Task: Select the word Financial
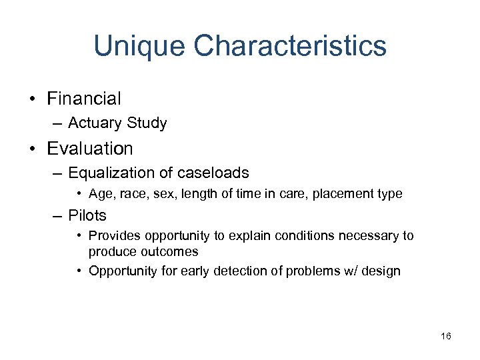click(84, 99)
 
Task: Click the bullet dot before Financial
click(32, 99)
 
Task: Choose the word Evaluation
click(90, 148)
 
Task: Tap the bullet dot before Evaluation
click(32, 149)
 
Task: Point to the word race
click(130, 194)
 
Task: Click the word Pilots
click(87, 215)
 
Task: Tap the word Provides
click(112, 235)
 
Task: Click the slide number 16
click(446, 336)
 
